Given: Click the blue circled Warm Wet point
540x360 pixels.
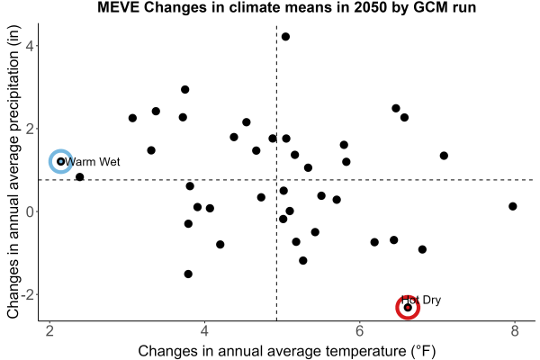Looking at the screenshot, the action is [x=61, y=161].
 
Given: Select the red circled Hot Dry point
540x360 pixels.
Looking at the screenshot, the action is [x=408, y=307].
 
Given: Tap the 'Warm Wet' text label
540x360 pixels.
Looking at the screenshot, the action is [x=93, y=162].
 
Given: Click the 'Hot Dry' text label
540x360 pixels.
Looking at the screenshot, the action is [x=421, y=300].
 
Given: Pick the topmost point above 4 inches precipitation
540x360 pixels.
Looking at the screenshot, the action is [x=285, y=37].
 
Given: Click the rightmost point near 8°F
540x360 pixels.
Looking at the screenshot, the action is [x=512, y=206].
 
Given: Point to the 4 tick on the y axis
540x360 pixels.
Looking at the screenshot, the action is [x=30, y=46].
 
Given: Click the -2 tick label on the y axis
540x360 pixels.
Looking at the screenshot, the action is [x=28, y=295].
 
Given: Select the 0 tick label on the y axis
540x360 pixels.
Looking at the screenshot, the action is [x=30, y=211].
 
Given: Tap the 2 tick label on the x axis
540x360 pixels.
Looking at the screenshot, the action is [x=50, y=331].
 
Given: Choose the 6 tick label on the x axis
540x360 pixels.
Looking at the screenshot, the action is [x=359, y=331].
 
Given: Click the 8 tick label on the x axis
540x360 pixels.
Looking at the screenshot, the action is [x=515, y=331].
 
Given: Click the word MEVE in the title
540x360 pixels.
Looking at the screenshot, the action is [x=118, y=7].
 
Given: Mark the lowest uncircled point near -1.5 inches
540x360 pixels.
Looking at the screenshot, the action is [x=188, y=274].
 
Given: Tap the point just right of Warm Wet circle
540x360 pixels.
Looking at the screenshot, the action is [x=79, y=177].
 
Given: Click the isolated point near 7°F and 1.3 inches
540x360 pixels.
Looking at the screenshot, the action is [x=444, y=156].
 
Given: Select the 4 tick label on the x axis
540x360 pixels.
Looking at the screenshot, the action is [x=205, y=331].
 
